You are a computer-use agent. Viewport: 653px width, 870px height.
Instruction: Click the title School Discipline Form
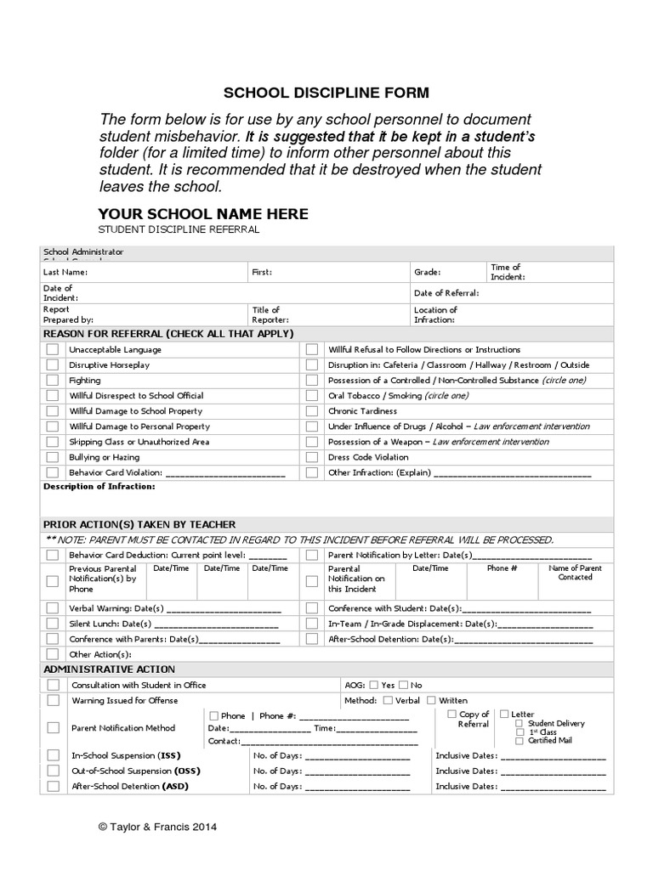(x=326, y=92)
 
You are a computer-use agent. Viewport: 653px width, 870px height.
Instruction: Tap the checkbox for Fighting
(x=53, y=381)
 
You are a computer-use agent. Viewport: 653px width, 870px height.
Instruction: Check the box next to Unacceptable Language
(x=53, y=350)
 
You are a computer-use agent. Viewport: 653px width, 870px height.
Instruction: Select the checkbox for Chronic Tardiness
(x=312, y=411)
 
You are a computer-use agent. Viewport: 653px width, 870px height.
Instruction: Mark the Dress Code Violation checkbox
(x=312, y=457)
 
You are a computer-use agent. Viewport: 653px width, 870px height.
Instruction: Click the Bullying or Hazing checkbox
(x=53, y=457)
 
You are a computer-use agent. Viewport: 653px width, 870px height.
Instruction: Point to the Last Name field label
(x=65, y=273)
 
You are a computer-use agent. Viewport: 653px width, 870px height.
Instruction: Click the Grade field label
(x=427, y=273)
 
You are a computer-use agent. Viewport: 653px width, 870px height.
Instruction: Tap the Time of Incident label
(x=508, y=272)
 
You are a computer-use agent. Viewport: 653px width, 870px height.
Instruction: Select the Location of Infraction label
(x=435, y=315)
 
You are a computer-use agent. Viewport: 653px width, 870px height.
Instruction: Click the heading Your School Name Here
(x=203, y=214)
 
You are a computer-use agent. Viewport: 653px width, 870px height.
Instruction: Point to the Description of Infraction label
(x=99, y=487)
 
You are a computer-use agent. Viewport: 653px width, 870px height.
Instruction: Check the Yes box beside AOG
(x=375, y=685)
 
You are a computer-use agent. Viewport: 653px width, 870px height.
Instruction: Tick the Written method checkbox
(x=431, y=701)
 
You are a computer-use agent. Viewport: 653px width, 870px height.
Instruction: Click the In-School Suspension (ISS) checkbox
(x=53, y=755)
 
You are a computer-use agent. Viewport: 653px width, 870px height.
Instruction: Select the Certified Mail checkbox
(x=519, y=741)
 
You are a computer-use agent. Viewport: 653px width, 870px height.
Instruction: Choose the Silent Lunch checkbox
(x=53, y=624)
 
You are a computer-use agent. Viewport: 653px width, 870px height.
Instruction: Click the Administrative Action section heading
(x=109, y=669)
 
